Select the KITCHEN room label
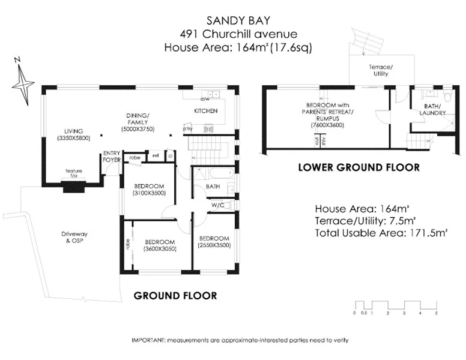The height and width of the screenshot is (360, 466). tap(205, 111)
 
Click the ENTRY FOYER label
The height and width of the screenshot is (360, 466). tap(112, 157)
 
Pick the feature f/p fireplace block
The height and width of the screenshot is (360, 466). tap(74, 187)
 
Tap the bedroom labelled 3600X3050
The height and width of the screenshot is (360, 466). tap(159, 245)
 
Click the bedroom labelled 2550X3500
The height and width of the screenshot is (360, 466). tap(214, 241)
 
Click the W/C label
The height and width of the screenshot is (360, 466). tap(217, 206)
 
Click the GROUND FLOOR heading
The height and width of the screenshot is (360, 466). tap(175, 295)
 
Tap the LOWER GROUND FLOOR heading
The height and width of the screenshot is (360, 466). tap(359, 167)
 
